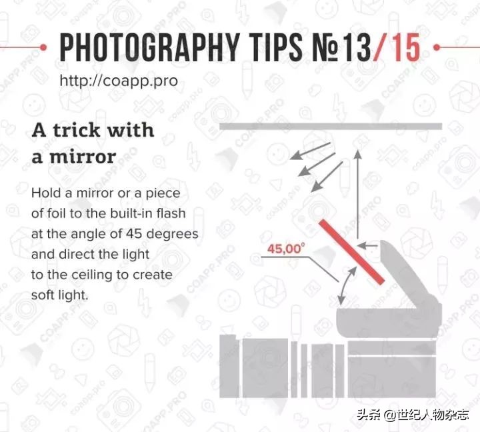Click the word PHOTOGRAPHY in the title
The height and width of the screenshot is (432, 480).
click(x=150, y=47)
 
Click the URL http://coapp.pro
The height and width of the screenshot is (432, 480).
click(x=119, y=81)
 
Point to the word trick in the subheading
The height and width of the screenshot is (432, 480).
click(x=77, y=130)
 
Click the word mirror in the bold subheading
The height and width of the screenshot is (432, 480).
click(x=83, y=157)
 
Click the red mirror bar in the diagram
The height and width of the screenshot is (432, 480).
click(x=351, y=252)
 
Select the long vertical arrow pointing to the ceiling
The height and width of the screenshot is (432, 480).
click(x=357, y=194)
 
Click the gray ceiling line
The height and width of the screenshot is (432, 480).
click(x=331, y=126)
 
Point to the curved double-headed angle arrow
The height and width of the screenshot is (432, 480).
click(x=346, y=285)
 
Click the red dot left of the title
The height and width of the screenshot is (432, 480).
click(x=43, y=47)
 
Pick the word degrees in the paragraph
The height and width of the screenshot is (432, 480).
click(x=173, y=234)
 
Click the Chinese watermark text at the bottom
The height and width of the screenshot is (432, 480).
click(x=413, y=415)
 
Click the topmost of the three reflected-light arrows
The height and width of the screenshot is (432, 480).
click(x=310, y=151)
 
